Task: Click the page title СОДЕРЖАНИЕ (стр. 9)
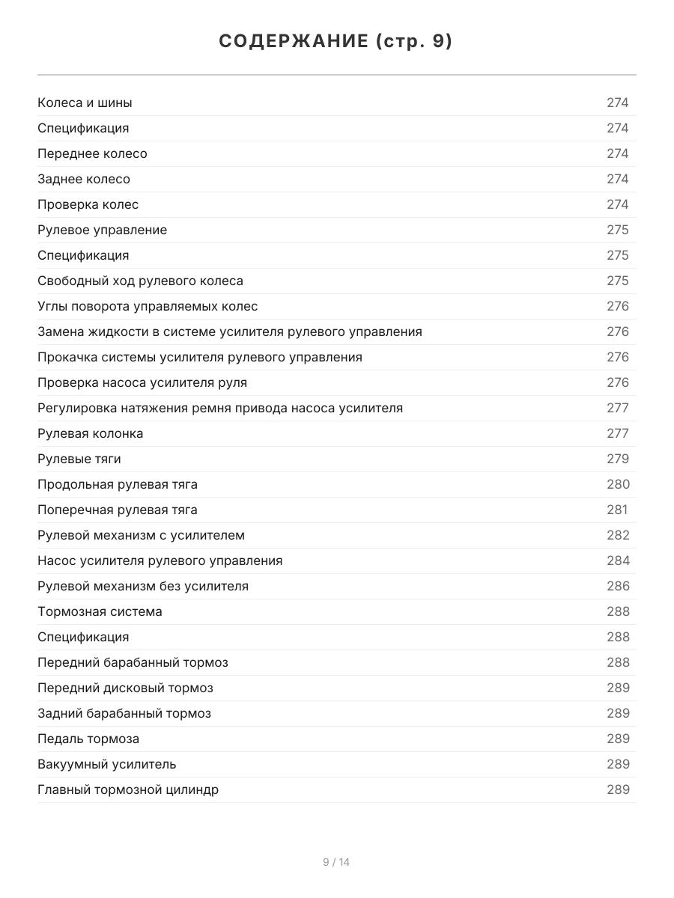click(336, 42)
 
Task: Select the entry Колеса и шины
click(85, 103)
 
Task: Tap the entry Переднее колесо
click(92, 153)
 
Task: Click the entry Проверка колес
click(88, 204)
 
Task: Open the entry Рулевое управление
click(102, 230)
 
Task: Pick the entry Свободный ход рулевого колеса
click(140, 281)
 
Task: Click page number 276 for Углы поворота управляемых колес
click(617, 306)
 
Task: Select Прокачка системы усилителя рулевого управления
click(200, 357)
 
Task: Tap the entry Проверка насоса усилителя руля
click(142, 382)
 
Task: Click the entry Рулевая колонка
click(90, 433)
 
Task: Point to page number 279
click(617, 459)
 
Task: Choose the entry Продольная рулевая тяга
click(118, 484)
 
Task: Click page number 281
click(616, 510)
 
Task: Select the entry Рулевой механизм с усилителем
click(141, 535)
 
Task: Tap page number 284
click(617, 561)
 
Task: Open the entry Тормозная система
click(100, 611)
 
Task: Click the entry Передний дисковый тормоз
click(125, 688)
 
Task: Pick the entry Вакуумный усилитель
click(107, 764)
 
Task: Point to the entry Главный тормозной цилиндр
click(128, 789)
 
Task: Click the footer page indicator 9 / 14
click(336, 862)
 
